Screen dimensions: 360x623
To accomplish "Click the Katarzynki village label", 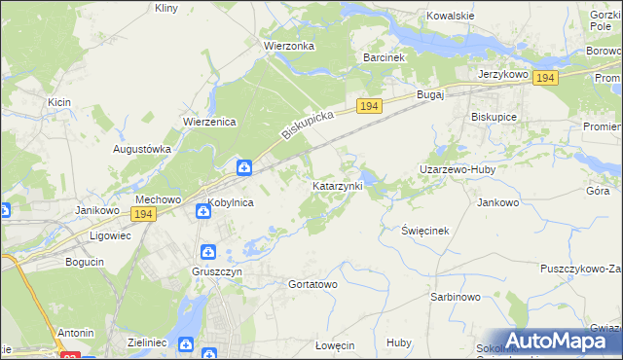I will pyautogui.click(x=337, y=185).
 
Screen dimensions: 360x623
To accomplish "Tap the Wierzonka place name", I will pyautogui.click(x=286, y=45).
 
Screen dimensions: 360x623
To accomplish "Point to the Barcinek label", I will pyautogui.click(x=383, y=57).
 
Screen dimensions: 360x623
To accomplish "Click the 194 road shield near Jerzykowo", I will pyautogui.click(x=545, y=78).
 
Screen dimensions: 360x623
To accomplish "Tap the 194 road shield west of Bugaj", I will pyautogui.click(x=367, y=105).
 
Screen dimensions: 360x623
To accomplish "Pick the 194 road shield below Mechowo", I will pyautogui.click(x=144, y=214).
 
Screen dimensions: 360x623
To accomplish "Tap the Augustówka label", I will pyautogui.click(x=142, y=149).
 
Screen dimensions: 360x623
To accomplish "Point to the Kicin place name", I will pyautogui.click(x=58, y=101).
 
